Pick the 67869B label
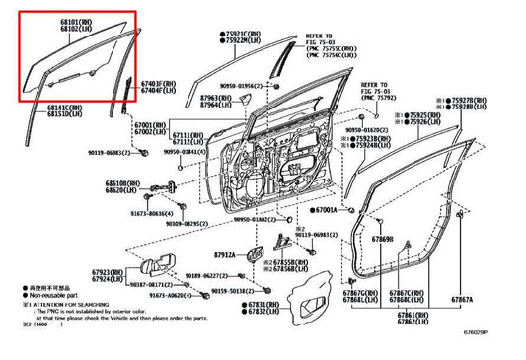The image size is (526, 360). (x=383, y=240)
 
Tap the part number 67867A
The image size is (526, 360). (x=461, y=299)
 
